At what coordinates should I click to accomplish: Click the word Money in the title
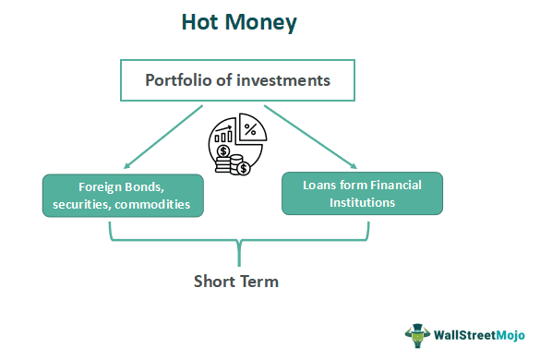point(262,23)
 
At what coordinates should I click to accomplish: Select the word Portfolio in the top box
point(177,79)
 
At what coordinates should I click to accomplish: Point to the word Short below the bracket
point(215,282)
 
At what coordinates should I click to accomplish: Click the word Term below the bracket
point(260,282)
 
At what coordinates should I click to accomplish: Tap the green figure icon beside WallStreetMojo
point(418,335)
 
